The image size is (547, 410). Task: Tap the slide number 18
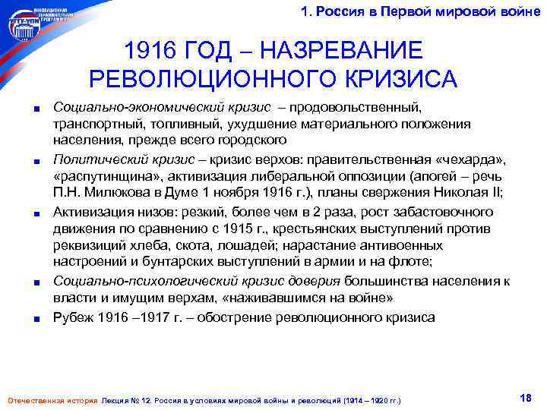pyautogui.click(x=523, y=398)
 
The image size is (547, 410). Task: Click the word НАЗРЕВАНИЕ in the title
pyautogui.click(x=340, y=52)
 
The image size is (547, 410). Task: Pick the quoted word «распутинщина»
pyautogui.click(x=96, y=175)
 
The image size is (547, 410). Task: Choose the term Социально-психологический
pyautogui.click(x=125, y=280)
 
